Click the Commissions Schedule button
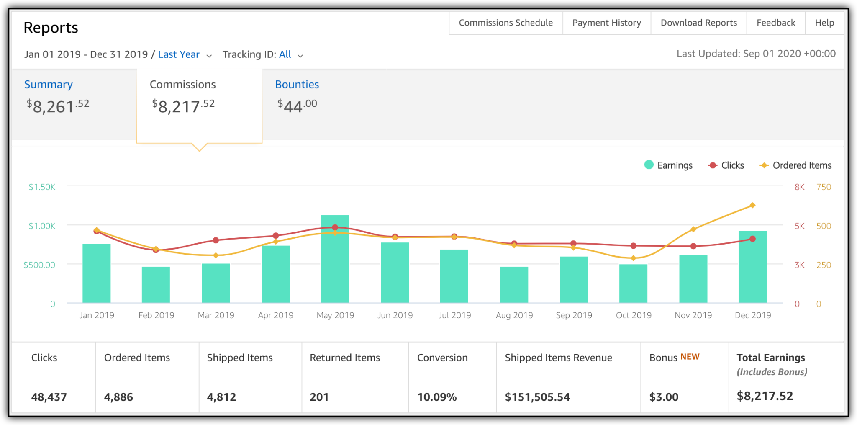(x=505, y=23)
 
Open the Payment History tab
(x=606, y=23)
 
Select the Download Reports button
(x=698, y=23)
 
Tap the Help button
(x=824, y=23)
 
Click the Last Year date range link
(x=179, y=54)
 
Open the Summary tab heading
(x=49, y=85)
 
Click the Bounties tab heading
(x=297, y=85)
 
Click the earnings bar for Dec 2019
(x=752, y=268)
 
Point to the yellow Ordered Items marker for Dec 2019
(x=752, y=205)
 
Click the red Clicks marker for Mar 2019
(x=216, y=240)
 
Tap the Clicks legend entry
(x=726, y=165)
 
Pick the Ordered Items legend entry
(x=795, y=165)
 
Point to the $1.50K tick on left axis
(x=42, y=187)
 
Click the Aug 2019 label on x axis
(x=514, y=315)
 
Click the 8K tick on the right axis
(x=799, y=187)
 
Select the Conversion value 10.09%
(x=437, y=397)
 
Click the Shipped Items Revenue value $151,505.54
(x=537, y=397)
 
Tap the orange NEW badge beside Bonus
(x=690, y=357)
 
